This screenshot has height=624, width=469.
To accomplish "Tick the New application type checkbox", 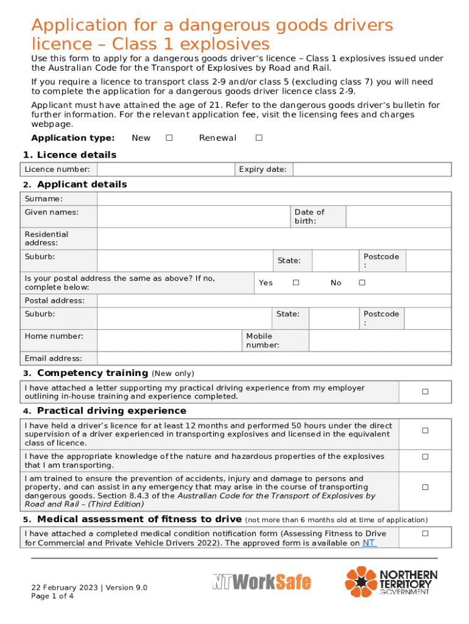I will coord(169,138).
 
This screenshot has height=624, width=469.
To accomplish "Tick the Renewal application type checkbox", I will coord(259,138).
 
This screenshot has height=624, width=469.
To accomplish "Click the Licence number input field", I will coord(166,169).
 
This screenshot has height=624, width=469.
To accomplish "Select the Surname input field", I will coord(274,199).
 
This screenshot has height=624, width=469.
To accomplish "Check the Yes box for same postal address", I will coord(295,283).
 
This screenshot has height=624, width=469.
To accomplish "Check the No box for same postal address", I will coord(362,283).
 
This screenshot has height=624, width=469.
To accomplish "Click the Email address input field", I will coord(274,358).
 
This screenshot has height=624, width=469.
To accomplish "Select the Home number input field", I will coord(169,341).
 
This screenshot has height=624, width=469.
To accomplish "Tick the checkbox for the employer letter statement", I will coord(425,392).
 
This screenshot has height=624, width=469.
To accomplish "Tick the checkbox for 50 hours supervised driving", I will coord(425,431).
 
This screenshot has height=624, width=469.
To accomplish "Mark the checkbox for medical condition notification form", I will coord(425,534).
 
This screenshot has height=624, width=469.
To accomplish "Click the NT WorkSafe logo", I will coord(261,583).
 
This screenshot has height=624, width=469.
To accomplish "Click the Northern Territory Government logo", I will coord(392,581).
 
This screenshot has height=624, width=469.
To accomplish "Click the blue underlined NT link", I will coord(369,542).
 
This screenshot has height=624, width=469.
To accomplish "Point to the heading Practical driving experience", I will coord(111,411).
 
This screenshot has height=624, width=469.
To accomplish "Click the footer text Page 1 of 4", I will coord(53,597).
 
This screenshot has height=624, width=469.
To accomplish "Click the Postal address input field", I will coord(274,300).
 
